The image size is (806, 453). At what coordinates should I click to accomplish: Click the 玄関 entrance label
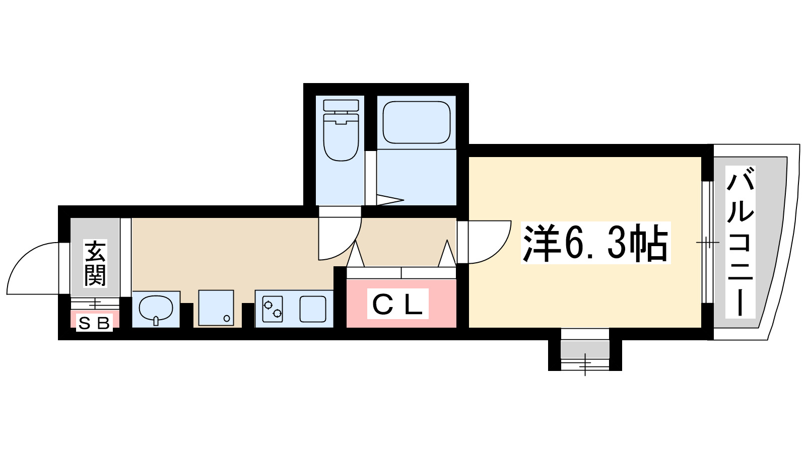point(95,263)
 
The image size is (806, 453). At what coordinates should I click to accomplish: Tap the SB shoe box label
point(94,323)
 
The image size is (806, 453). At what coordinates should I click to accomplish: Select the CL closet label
point(397,304)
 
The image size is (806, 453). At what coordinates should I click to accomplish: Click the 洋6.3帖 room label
point(595,243)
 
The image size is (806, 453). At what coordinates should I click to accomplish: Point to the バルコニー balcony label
point(740,242)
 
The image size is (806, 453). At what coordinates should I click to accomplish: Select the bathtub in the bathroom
point(416,122)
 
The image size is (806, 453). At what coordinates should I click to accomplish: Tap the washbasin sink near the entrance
point(155,309)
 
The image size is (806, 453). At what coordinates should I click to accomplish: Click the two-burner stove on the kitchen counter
point(272,309)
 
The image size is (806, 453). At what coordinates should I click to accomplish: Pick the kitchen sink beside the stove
point(313,309)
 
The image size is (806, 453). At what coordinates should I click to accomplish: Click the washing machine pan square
point(216,308)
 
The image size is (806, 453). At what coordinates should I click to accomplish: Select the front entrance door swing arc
point(33,269)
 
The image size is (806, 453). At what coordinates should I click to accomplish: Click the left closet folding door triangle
point(356,255)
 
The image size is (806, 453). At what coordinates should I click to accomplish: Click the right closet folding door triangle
point(447,254)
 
